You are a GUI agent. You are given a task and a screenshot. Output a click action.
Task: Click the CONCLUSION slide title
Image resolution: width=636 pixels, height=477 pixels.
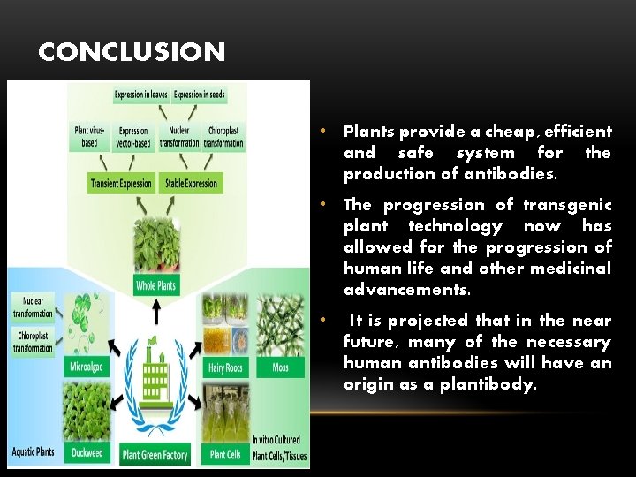coord(132,52)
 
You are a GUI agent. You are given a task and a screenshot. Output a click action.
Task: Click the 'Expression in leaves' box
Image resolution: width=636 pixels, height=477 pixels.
coord(141,95)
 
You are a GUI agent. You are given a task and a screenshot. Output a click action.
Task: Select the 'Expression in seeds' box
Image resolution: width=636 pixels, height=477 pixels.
coord(199,95)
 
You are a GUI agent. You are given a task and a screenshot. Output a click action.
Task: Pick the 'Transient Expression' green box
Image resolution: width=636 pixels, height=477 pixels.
coord(121,184)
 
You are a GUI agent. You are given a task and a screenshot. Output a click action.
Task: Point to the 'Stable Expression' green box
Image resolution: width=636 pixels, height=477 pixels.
coord(189,184)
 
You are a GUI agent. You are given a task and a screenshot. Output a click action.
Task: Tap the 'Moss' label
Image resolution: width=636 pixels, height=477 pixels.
coord(281,367)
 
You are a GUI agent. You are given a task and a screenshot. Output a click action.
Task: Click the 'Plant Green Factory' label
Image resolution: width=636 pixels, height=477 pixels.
coord(155,455)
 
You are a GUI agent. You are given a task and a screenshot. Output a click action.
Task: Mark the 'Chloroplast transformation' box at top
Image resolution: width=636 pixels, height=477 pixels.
coord(223,137)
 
